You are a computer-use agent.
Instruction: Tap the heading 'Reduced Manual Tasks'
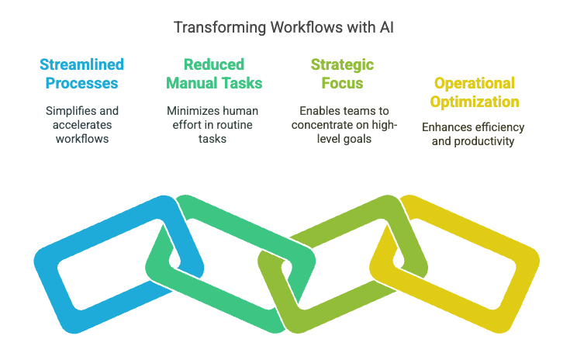pyautogui.click(x=213, y=73)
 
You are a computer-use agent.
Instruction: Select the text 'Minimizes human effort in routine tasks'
pyautogui.click(x=213, y=124)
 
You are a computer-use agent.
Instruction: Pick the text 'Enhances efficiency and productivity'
pyautogui.click(x=473, y=133)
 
